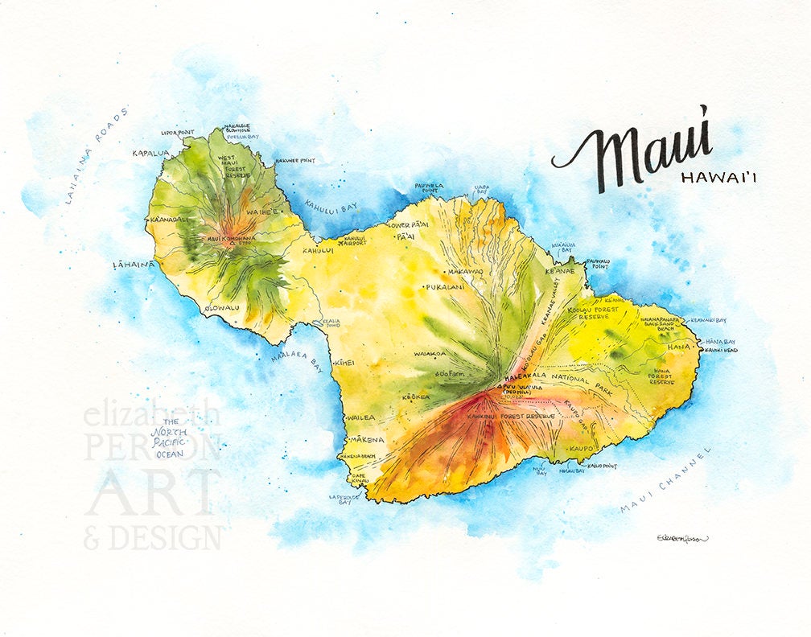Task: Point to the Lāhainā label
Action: (133, 264)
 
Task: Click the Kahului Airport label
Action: (355, 240)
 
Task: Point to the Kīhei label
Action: (344, 363)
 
